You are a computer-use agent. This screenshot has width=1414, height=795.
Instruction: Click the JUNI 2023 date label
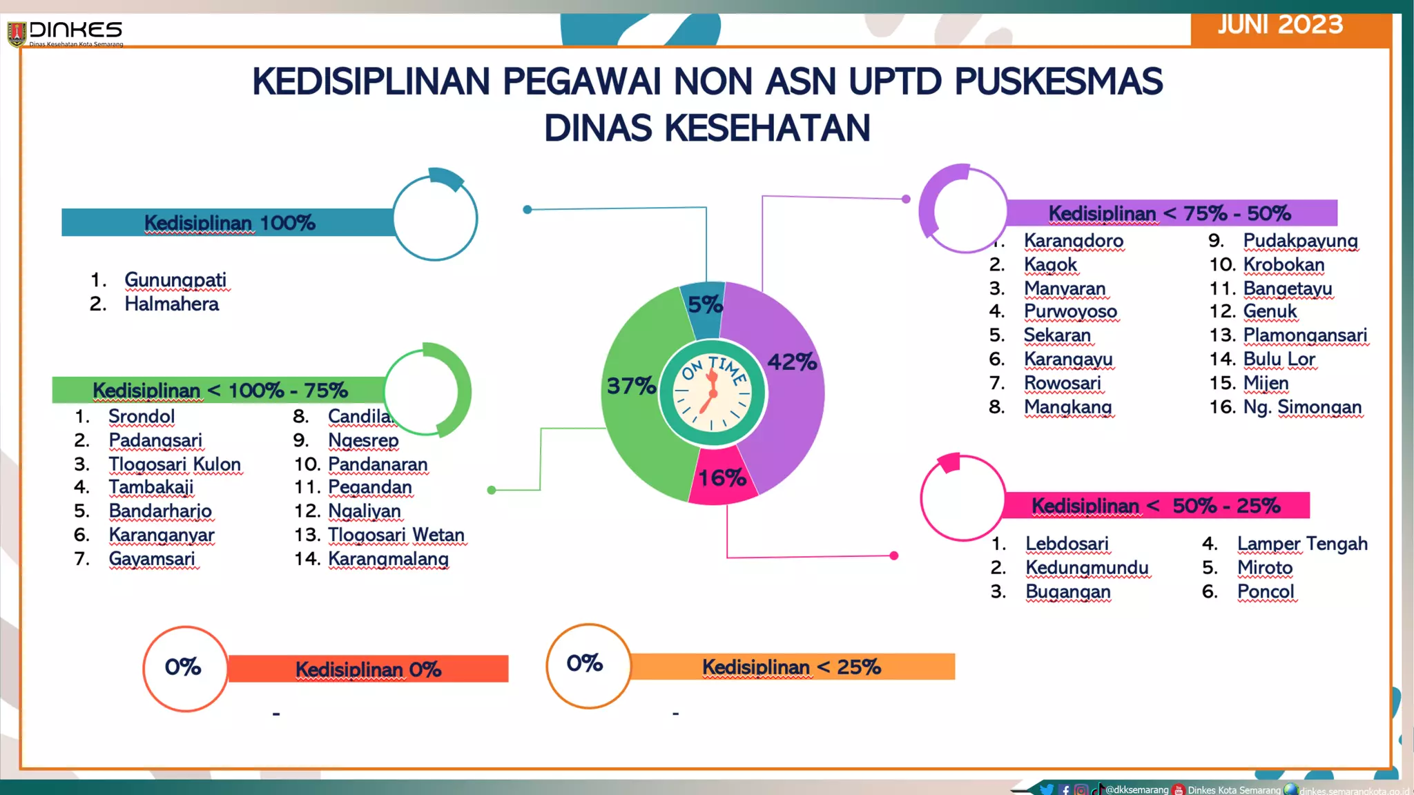1280,26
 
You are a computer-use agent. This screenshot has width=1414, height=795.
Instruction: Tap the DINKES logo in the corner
66,32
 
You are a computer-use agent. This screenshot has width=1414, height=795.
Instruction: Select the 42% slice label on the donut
792,362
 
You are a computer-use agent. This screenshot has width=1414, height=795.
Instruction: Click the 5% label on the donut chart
705,304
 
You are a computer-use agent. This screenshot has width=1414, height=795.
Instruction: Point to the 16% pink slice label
721,478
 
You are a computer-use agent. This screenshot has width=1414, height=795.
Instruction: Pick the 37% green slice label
631,386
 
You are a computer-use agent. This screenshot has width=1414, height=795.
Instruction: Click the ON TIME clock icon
713,394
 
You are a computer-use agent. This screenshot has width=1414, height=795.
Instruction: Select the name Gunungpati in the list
175,279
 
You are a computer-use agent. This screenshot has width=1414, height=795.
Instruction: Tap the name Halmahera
171,304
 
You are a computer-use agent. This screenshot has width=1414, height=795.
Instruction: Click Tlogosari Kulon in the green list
175,464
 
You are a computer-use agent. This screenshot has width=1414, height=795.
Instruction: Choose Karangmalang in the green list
388,558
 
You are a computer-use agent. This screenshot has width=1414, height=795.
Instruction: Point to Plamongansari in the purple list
1305,335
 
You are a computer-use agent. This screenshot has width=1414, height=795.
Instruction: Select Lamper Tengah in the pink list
1302,543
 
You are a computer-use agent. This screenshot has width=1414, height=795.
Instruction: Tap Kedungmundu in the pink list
1087,567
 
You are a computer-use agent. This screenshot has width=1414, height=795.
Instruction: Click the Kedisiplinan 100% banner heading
229,223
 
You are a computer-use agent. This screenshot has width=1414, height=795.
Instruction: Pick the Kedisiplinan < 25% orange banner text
791,667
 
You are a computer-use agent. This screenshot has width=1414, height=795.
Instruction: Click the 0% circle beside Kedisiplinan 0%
184,667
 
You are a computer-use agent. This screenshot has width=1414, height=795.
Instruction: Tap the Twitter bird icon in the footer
1047,789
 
